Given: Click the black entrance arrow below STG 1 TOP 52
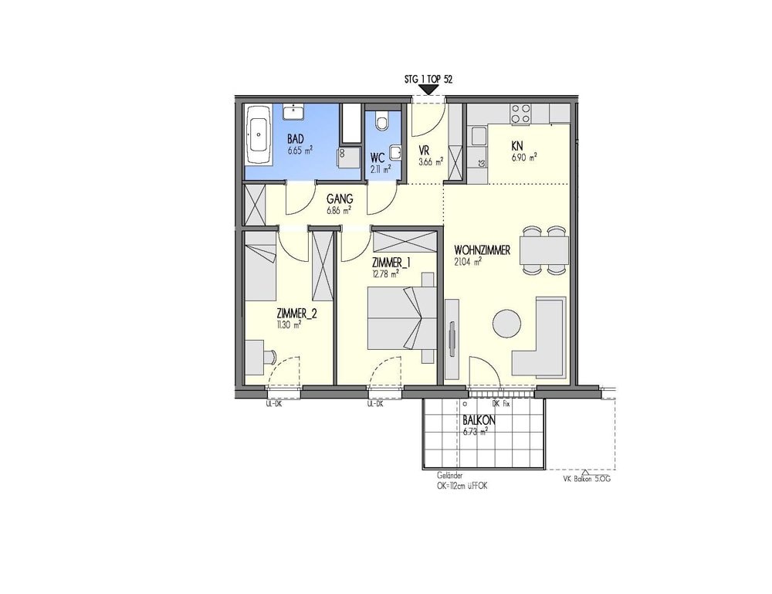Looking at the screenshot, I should pos(427,90).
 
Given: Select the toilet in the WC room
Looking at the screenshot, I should pos(381,122).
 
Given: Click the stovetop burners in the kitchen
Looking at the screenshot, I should pos(521,114).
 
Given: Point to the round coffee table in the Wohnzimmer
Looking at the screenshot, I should pos(506,323).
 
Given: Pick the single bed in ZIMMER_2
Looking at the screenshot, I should pos(260,273).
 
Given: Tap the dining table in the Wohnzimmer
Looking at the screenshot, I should pos(543,250).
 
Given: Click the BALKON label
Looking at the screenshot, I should pos(479,421).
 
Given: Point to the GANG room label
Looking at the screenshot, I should pos(339,198).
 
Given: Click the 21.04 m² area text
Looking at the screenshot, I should pos(468,262).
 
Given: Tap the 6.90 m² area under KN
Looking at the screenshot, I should pos(523,156).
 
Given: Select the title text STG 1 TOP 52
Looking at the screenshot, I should pos(428,79).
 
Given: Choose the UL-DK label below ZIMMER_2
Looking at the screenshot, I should pos(273,404).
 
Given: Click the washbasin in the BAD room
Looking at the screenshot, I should pos(293,113).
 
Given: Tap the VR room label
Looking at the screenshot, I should pos(424,151).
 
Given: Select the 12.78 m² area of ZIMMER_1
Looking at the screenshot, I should pos(384,273).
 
